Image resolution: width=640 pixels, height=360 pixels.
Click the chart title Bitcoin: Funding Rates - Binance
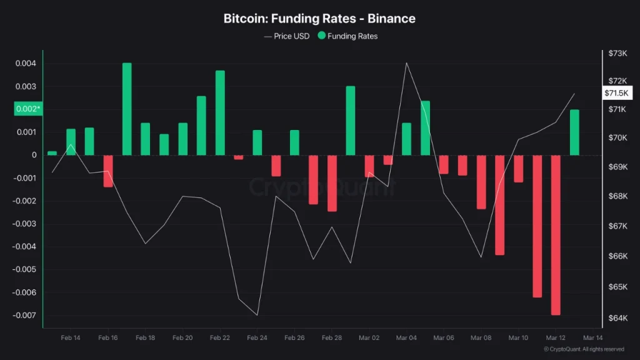click(319, 19)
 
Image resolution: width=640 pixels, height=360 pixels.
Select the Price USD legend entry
click(287, 36)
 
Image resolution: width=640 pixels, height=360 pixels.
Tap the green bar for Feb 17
click(127, 109)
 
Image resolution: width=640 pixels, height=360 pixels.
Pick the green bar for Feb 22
click(220, 113)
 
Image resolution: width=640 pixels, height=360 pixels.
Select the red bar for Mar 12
click(556, 235)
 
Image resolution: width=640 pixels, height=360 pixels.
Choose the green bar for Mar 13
click(574, 132)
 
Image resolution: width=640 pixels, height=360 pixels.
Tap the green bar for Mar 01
click(351, 121)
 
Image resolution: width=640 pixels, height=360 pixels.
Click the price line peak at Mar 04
click(407, 62)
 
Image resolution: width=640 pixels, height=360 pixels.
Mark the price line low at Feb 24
click(257, 314)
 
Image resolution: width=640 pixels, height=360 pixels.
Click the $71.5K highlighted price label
click(618, 93)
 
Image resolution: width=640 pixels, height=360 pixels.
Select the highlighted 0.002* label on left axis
click(28, 109)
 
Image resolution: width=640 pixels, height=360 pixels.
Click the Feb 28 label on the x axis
click(332, 337)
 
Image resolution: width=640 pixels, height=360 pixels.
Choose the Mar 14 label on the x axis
click(592, 337)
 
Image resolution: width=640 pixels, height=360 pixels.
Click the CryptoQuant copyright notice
click(583, 349)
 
